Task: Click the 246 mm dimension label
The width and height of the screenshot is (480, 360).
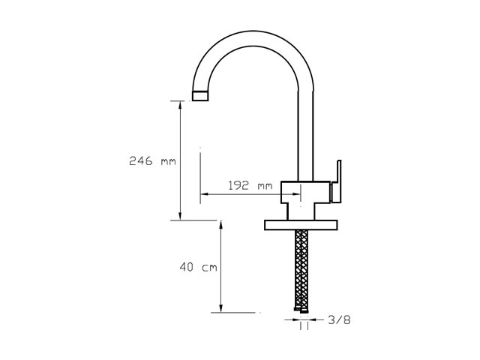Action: tap(152, 160)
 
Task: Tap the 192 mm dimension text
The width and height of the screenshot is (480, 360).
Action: tap(250, 185)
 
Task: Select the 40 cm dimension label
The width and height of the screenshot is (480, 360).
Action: tap(198, 267)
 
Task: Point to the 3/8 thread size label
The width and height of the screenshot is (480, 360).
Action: tap(339, 320)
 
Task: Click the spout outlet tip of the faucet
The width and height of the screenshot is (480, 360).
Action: tap(200, 96)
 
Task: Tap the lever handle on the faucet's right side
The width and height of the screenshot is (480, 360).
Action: tap(337, 181)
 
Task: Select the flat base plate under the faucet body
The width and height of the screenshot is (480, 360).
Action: tap(301, 225)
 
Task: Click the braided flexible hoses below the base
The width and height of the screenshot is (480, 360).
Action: tap(301, 269)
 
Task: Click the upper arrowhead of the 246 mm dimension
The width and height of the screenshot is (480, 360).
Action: tap(180, 104)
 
